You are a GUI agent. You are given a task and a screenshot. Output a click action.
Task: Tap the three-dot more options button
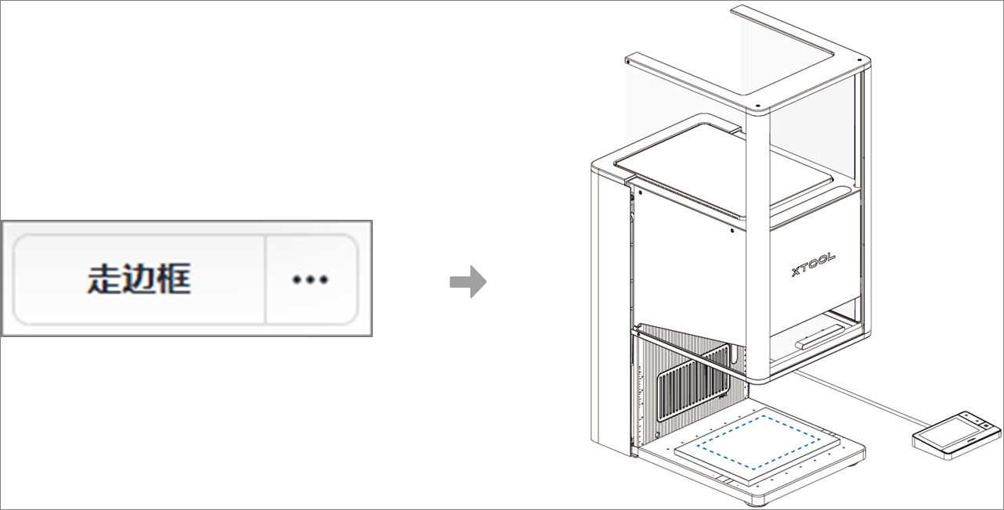[311, 279]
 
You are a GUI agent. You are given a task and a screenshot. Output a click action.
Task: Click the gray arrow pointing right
[468, 282]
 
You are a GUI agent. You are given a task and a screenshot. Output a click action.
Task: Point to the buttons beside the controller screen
[989, 426]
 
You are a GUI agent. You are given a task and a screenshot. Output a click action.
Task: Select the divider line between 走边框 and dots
[266, 279]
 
